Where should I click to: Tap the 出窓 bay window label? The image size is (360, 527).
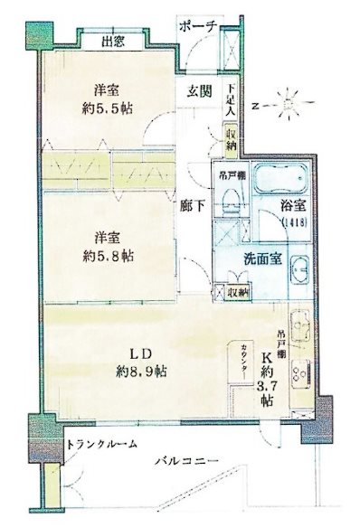click(113, 41)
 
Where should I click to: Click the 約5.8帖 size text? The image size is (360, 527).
click(113, 257)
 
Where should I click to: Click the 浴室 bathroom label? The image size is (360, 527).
click(291, 207)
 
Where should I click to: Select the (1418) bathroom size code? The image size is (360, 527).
click(293, 222)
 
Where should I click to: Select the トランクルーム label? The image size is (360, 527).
click(103, 445)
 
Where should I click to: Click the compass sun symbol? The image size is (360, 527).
click(289, 101)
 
